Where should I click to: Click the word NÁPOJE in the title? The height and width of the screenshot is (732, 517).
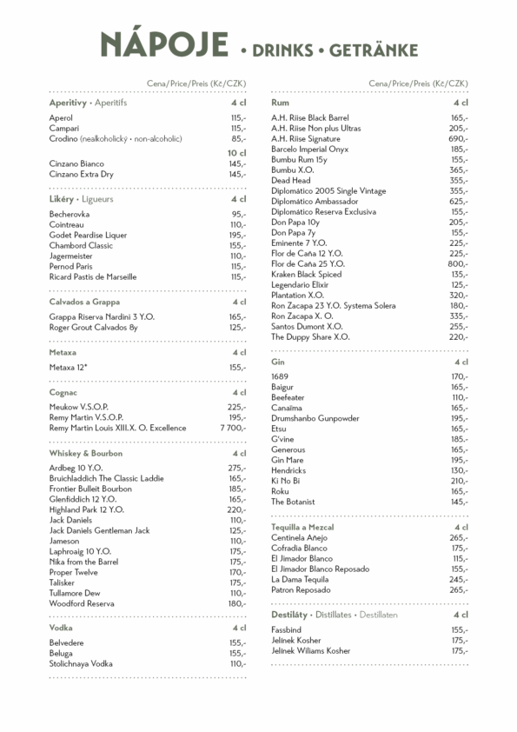(163, 44)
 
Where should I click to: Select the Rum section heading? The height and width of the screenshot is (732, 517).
(280, 103)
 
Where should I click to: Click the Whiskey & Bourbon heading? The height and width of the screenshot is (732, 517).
(86, 453)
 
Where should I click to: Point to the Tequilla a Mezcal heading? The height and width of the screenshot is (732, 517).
(302, 527)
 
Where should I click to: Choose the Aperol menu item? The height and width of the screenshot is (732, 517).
(61, 117)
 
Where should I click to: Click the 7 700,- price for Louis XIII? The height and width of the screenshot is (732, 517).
(232, 428)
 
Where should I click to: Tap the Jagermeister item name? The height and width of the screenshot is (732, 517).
(74, 256)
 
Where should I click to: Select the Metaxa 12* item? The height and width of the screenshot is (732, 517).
(69, 367)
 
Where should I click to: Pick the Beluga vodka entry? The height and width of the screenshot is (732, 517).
(61, 653)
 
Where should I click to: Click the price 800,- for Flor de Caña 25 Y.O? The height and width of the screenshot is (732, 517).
(457, 263)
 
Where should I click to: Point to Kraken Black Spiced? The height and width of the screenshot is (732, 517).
(308, 274)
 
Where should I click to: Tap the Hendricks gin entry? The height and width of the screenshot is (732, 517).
(288, 470)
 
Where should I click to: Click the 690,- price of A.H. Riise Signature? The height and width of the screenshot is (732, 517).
(457, 138)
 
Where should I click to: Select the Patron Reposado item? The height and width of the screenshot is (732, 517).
(300, 589)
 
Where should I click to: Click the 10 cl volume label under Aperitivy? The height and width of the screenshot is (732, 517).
(236, 152)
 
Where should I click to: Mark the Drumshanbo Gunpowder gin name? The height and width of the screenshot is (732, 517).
(315, 418)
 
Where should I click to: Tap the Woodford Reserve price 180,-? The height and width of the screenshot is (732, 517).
(236, 603)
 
